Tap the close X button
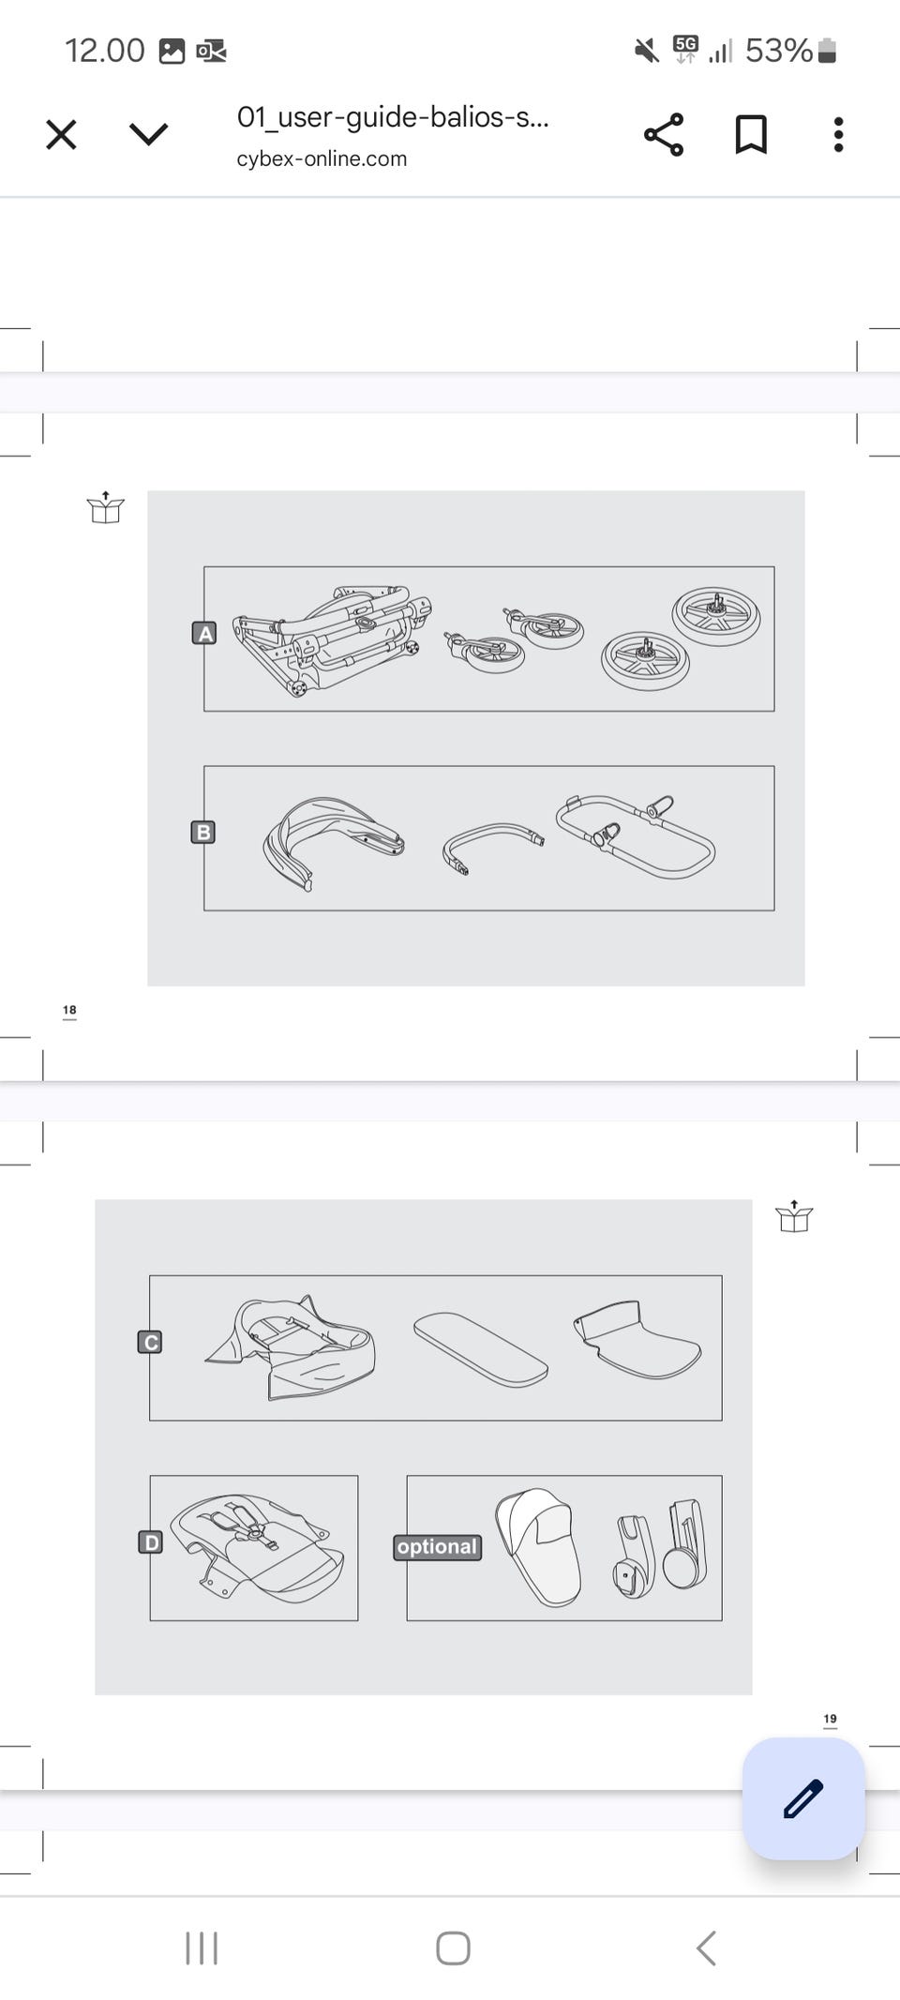tap(61, 135)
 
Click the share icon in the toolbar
tap(664, 135)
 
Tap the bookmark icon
tap(751, 135)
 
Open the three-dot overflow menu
tap(838, 135)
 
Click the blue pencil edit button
tap(803, 1798)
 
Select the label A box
tap(203, 634)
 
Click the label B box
tap(202, 833)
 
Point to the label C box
tap(150, 1343)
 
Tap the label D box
tap(151, 1542)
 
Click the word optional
tap(438, 1547)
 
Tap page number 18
tap(69, 1010)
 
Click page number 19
tap(830, 1719)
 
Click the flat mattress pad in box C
tap(481, 1348)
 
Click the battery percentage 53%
tap(778, 51)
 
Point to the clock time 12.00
tap(105, 51)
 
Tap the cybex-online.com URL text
tap(322, 158)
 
